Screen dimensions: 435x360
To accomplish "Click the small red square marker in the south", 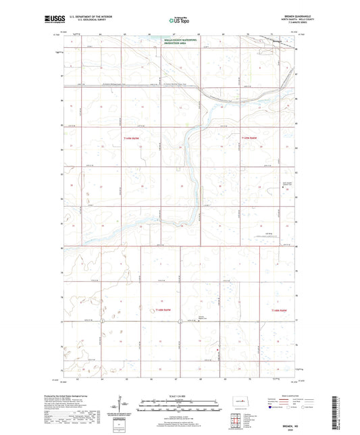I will [216, 349].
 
